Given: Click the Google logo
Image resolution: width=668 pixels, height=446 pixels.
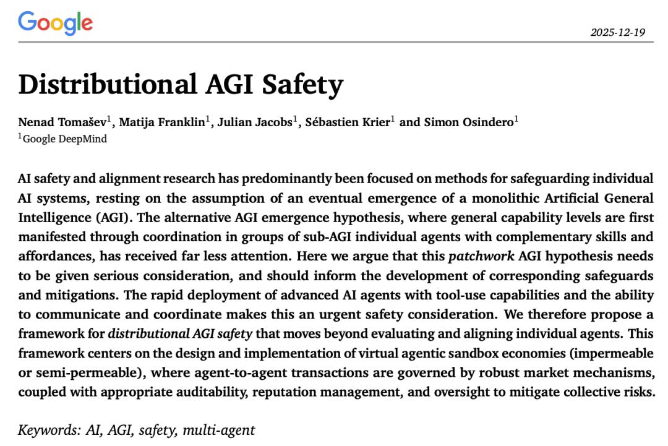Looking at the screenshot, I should [56, 23].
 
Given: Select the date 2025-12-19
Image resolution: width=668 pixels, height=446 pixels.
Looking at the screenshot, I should [617, 32].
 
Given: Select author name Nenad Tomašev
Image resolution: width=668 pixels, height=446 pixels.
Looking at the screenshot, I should [62, 122].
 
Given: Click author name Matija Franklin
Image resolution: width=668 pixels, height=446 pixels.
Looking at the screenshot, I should [162, 122].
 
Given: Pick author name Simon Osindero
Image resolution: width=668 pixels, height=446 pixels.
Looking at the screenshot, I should [468, 122].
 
